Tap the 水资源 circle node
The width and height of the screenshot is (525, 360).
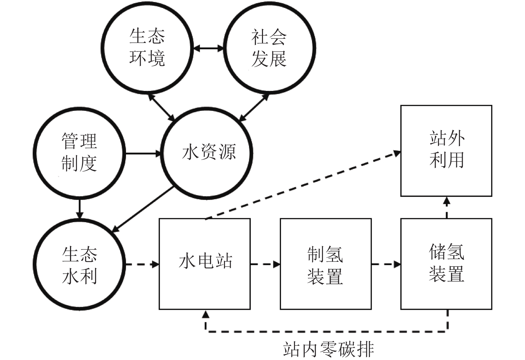[x=207, y=153]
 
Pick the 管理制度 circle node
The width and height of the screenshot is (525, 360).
[x=79, y=153]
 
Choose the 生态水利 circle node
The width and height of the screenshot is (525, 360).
[x=79, y=265]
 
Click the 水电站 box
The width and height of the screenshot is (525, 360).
[x=205, y=264]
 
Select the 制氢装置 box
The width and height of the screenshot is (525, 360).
[x=326, y=264]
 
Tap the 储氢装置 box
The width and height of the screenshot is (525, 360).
[x=446, y=264]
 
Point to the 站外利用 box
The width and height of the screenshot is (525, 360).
[x=446, y=151]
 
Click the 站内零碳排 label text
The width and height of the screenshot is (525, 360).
[x=328, y=349]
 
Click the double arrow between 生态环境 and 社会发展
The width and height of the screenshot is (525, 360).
[x=208, y=48]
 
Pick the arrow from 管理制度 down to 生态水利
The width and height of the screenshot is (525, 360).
[x=79, y=208]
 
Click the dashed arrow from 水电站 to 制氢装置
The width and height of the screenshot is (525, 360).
[x=265, y=264]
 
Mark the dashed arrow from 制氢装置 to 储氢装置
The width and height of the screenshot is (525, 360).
[x=386, y=264]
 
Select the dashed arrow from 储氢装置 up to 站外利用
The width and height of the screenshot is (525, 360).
[x=447, y=207]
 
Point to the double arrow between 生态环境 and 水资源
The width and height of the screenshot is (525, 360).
[x=162, y=107]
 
